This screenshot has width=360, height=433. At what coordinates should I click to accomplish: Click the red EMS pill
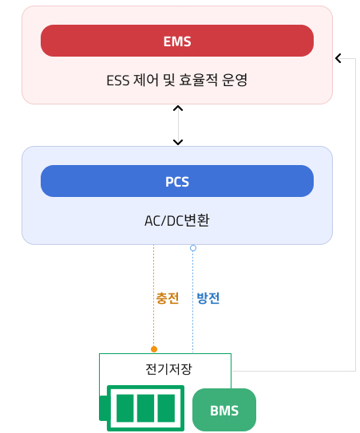[177, 41]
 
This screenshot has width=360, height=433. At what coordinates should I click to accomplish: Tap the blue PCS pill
[177, 181]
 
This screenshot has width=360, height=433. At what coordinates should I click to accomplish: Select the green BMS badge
[224, 410]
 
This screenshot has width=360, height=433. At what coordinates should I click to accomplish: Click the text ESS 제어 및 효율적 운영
[177, 80]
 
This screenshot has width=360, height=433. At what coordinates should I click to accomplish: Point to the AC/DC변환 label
[177, 221]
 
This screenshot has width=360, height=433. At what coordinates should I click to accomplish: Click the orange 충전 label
[168, 298]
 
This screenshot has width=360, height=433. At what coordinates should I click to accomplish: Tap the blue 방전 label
[208, 298]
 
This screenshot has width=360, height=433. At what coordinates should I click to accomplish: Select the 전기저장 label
[168, 369]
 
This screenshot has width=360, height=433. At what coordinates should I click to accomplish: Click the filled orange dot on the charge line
[154, 349]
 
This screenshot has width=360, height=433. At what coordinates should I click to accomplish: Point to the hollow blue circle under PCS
[193, 248]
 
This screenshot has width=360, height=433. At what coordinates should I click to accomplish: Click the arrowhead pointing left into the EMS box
[338, 58]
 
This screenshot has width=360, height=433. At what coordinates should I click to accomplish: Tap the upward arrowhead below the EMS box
[178, 108]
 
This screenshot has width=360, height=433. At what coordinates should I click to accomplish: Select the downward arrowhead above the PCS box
[178, 142]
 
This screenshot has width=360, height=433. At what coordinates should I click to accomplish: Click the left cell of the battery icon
[125, 408]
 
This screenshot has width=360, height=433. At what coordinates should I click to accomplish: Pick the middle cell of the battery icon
[146, 408]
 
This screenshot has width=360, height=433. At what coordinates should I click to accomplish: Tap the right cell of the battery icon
[166, 408]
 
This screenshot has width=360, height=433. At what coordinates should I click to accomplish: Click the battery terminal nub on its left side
[103, 408]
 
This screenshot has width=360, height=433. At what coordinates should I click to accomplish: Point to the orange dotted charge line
[154, 296]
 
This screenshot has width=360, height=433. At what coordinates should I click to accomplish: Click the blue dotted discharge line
[192, 301]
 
